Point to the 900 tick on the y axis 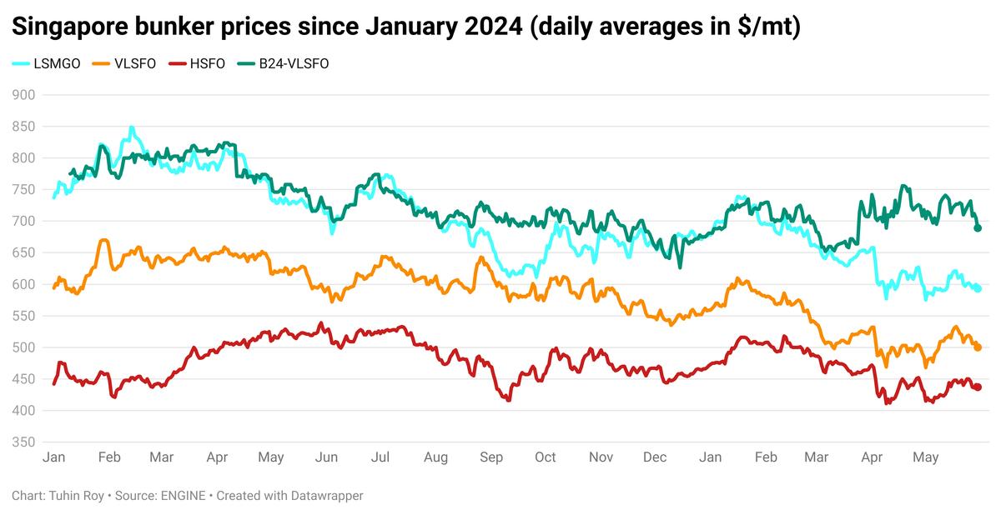[x=25, y=95]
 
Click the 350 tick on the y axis [x=25, y=442]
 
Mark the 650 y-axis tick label [x=25, y=253]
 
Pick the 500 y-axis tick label [x=25, y=347]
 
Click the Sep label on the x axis [x=491, y=457]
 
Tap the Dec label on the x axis [x=656, y=457]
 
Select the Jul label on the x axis [x=380, y=457]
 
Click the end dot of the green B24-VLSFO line [x=978, y=228]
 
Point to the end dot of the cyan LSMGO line [x=978, y=288]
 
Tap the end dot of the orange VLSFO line [x=978, y=347]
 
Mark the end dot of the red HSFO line [x=978, y=387]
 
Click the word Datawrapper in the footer [x=325, y=496]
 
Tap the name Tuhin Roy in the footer [x=75, y=496]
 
